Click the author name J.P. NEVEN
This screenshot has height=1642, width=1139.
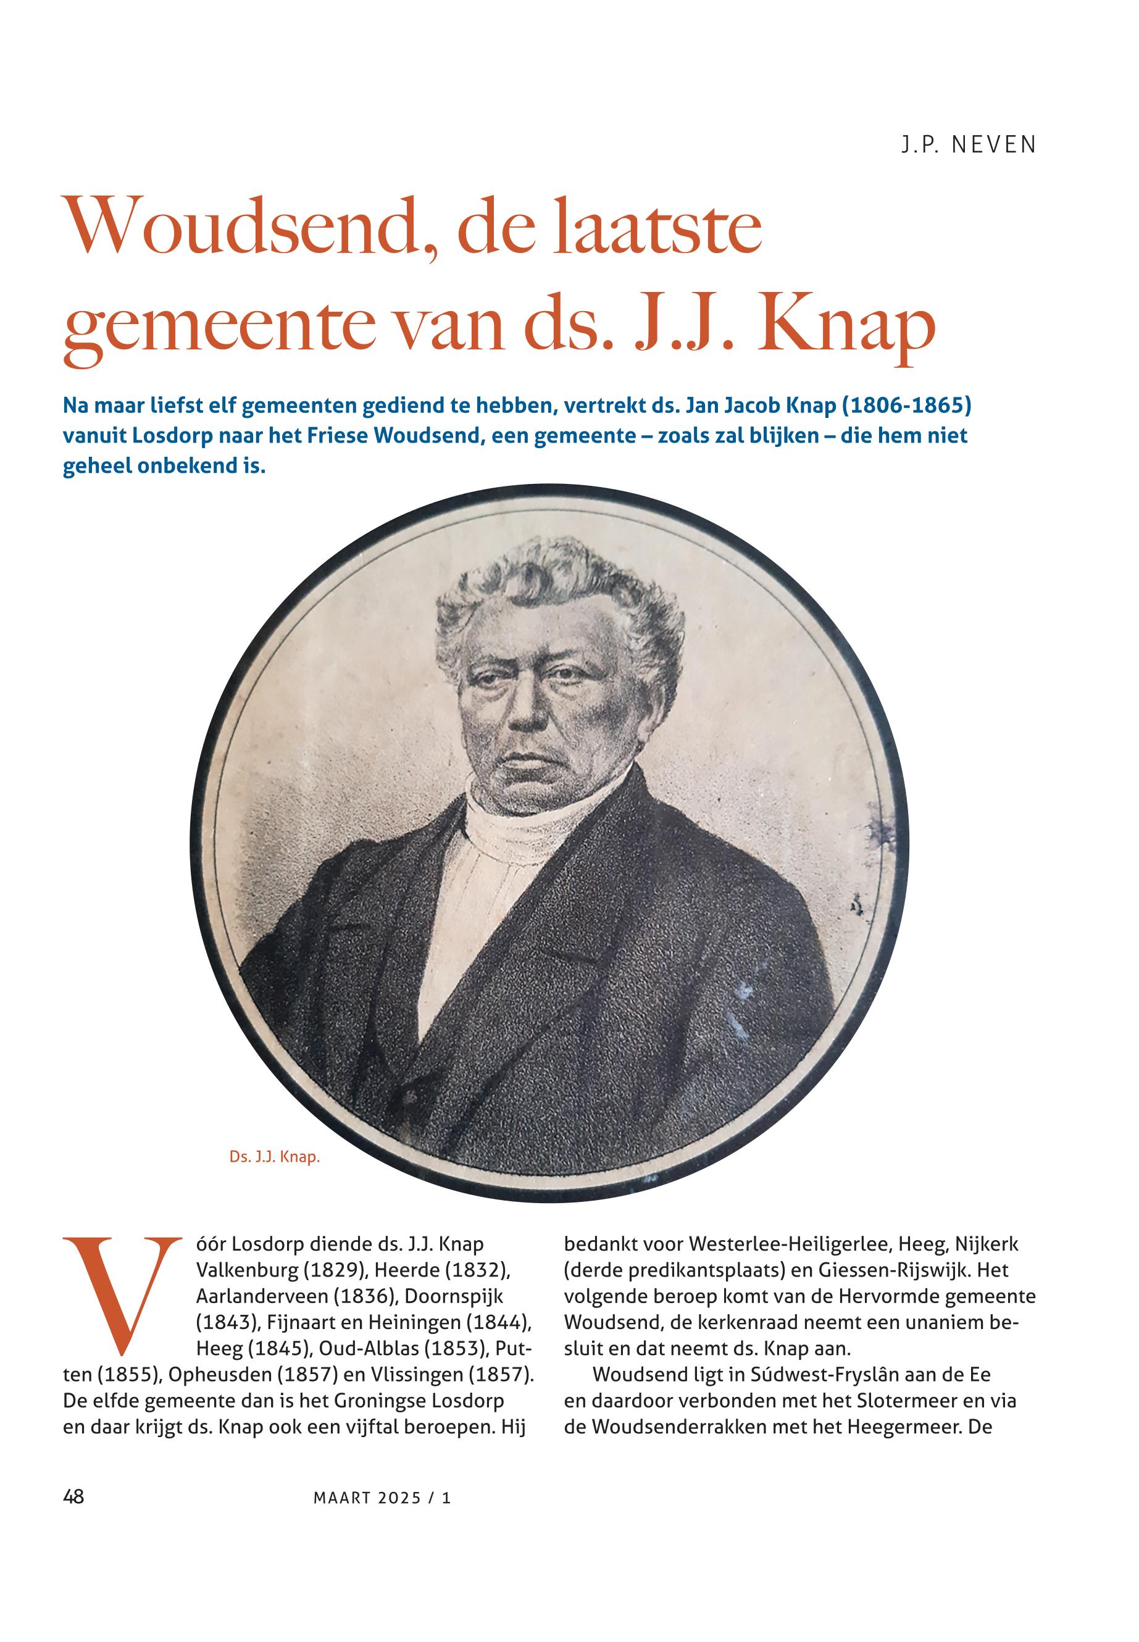(x=968, y=146)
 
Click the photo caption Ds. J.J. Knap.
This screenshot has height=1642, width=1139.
(x=275, y=1157)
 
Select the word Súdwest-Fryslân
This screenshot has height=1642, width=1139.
(x=806, y=1375)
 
